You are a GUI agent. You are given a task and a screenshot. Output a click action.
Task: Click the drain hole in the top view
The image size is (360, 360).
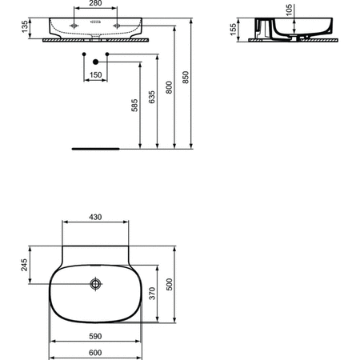click(96, 284)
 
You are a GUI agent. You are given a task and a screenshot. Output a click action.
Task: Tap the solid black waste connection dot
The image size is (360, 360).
click(95, 62)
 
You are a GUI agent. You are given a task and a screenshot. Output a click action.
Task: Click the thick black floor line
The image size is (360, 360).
click(95, 149)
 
